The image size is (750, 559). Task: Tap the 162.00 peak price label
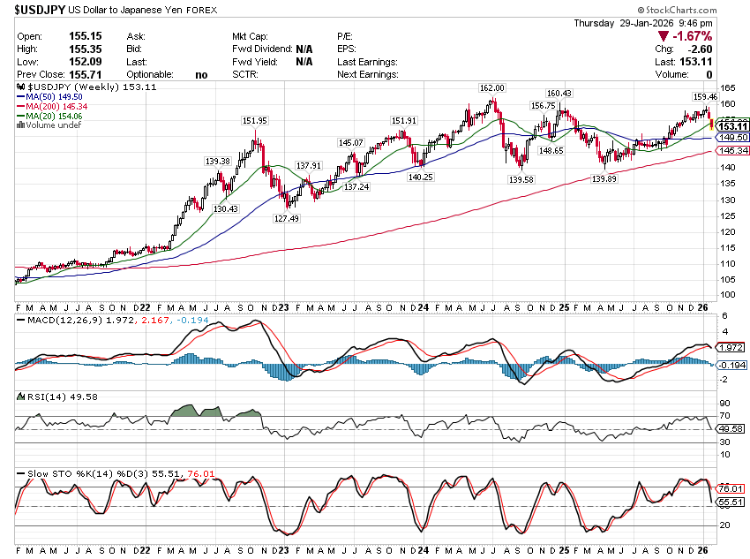pyautogui.click(x=491, y=88)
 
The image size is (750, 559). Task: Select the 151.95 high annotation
pyautogui.click(x=254, y=120)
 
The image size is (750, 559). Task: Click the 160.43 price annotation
pyautogui.click(x=559, y=93)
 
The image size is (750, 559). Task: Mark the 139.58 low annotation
pyautogui.click(x=521, y=179)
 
